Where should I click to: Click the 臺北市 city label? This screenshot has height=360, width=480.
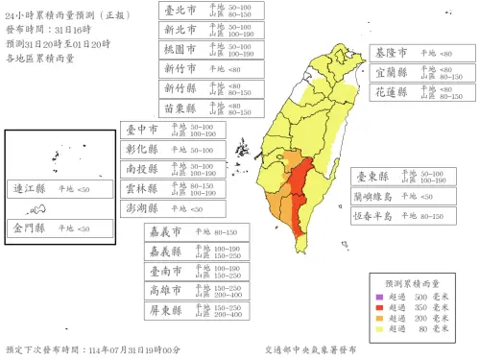(178, 11)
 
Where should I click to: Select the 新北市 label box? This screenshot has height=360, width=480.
(178, 29)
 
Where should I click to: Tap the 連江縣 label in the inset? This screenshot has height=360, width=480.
(28, 189)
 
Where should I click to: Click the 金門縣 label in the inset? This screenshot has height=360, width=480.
(28, 228)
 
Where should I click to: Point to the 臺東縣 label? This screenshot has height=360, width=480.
(372, 177)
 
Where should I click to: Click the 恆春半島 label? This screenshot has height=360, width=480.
(375, 216)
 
